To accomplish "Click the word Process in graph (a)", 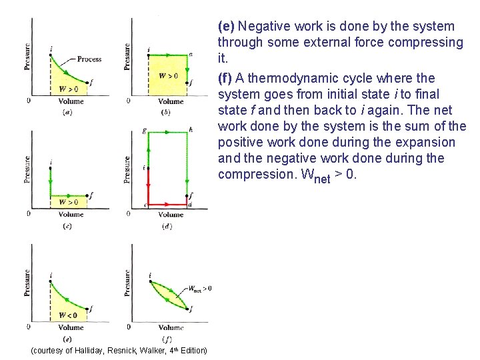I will tap(89, 59).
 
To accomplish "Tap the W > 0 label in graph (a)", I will tap(68, 89).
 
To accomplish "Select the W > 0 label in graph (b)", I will tap(168, 76).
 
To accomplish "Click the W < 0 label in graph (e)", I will tap(68, 315).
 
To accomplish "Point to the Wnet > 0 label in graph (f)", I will tap(200, 288).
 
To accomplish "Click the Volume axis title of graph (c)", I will tap(71, 215).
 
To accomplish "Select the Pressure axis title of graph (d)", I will tap(127, 171).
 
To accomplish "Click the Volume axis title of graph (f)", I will tap(171, 327).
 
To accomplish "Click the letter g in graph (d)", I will tap(144, 130).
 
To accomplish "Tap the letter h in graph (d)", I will tap(191, 130).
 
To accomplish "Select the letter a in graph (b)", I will tap(191, 54).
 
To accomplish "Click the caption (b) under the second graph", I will tap(167, 113).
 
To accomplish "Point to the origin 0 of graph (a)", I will tap(27, 101).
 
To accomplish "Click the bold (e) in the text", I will tap(226, 27).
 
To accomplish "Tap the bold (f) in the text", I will tap(225, 77).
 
